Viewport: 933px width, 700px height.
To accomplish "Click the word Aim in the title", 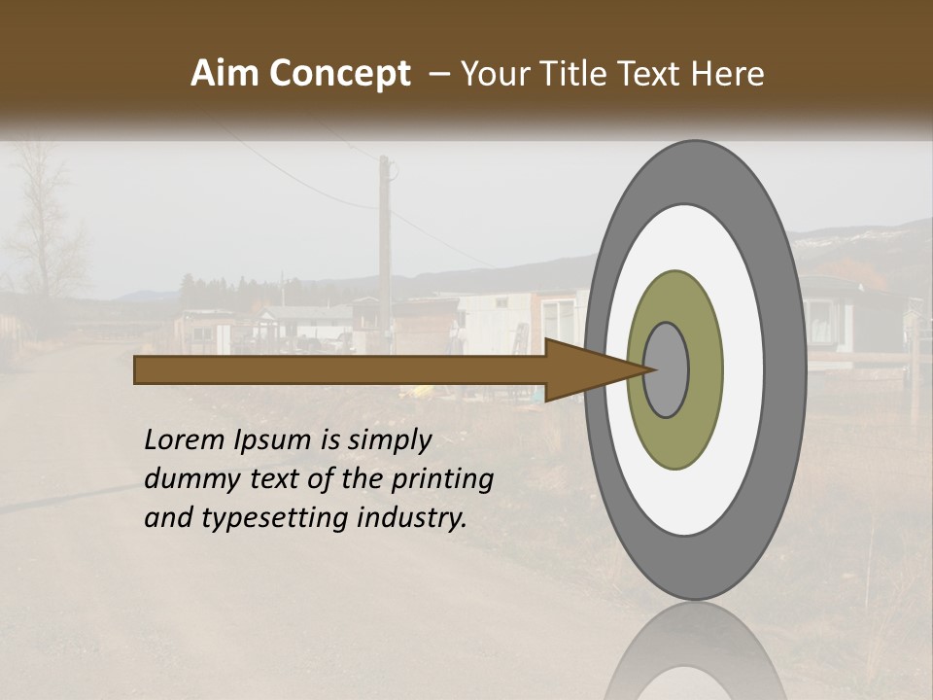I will pyautogui.click(x=226, y=74).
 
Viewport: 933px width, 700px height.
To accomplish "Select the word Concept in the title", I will pyautogui.click(x=340, y=75).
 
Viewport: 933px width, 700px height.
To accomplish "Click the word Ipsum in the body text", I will pyautogui.click(x=272, y=439).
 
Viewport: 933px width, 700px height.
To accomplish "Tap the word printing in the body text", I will pyautogui.click(x=442, y=479).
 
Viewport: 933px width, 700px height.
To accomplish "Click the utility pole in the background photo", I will pyautogui.click(x=385, y=243).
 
